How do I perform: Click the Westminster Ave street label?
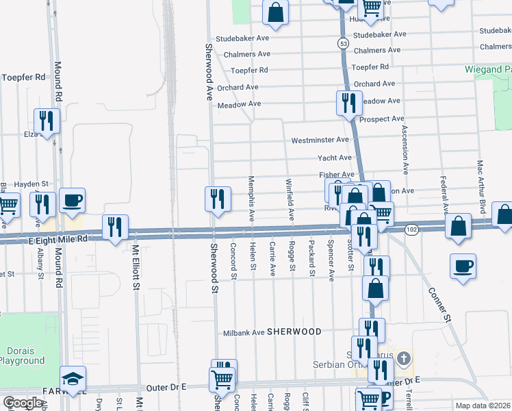(x=320, y=140)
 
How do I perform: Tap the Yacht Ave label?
(x=335, y=158)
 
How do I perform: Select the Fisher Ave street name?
(x=336, y=175)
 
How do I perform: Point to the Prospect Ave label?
(x=381, y=119)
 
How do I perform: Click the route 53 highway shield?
(x=342, y=43)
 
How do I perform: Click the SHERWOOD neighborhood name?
(x=294, y=332)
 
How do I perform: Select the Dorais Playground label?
(x=22, y=356)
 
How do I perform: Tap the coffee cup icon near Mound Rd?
(x=72, y=200)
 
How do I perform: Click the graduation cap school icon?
(x=71, y=379)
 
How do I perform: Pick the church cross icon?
(x=404, y=358)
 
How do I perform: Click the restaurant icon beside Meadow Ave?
(x=349, y=103)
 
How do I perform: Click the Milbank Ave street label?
(x=244, y=333)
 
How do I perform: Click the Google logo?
(x=23, y=403)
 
